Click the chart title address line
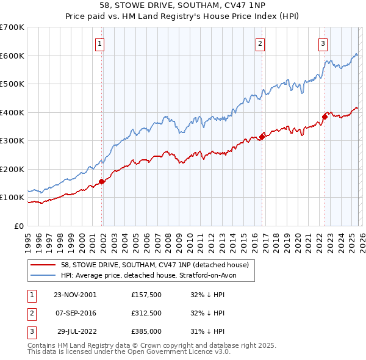click(183, 5)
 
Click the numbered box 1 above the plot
click(99, 43)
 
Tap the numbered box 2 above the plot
click(260, 43)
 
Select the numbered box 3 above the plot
click(323, 43)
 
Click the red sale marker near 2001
click(102, 181)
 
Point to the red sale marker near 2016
click(262, 137)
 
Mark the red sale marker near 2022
click(325, 117)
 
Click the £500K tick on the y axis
click(12, 84)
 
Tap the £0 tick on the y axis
click(18, 226)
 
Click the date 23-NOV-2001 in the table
click(75, 294)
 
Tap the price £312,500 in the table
click(146, 313)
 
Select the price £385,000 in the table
click(146, 331)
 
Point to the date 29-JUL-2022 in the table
click(75, 331)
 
